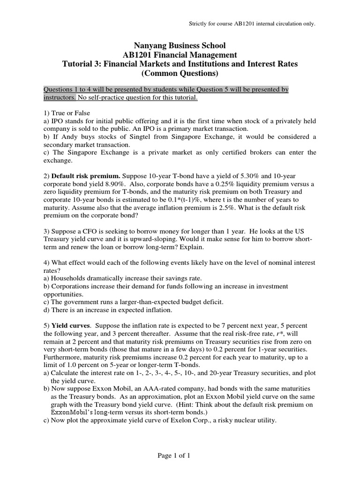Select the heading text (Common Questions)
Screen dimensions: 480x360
tap(180, 74)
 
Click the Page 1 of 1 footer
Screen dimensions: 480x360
tap(180, 455)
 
